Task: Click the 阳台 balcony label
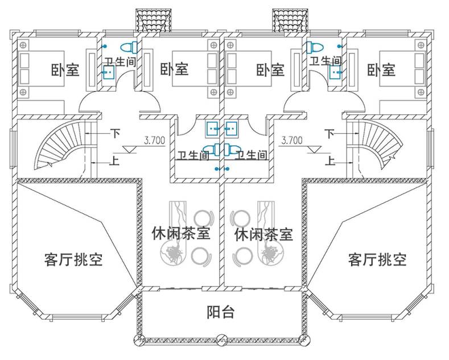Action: [220, 312]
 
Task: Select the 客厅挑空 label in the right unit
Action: [377, 260]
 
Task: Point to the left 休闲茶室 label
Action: [181, 234]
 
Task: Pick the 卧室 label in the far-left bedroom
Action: [65, 70]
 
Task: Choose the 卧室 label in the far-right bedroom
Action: [381, 70]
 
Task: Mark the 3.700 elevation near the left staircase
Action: [155, 139]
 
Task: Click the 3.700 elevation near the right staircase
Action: [292, 139]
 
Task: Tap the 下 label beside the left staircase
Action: [115, 134]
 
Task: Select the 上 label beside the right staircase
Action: [329, 161]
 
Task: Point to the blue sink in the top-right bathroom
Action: [335, 71]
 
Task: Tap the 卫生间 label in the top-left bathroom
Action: [120, 60]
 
